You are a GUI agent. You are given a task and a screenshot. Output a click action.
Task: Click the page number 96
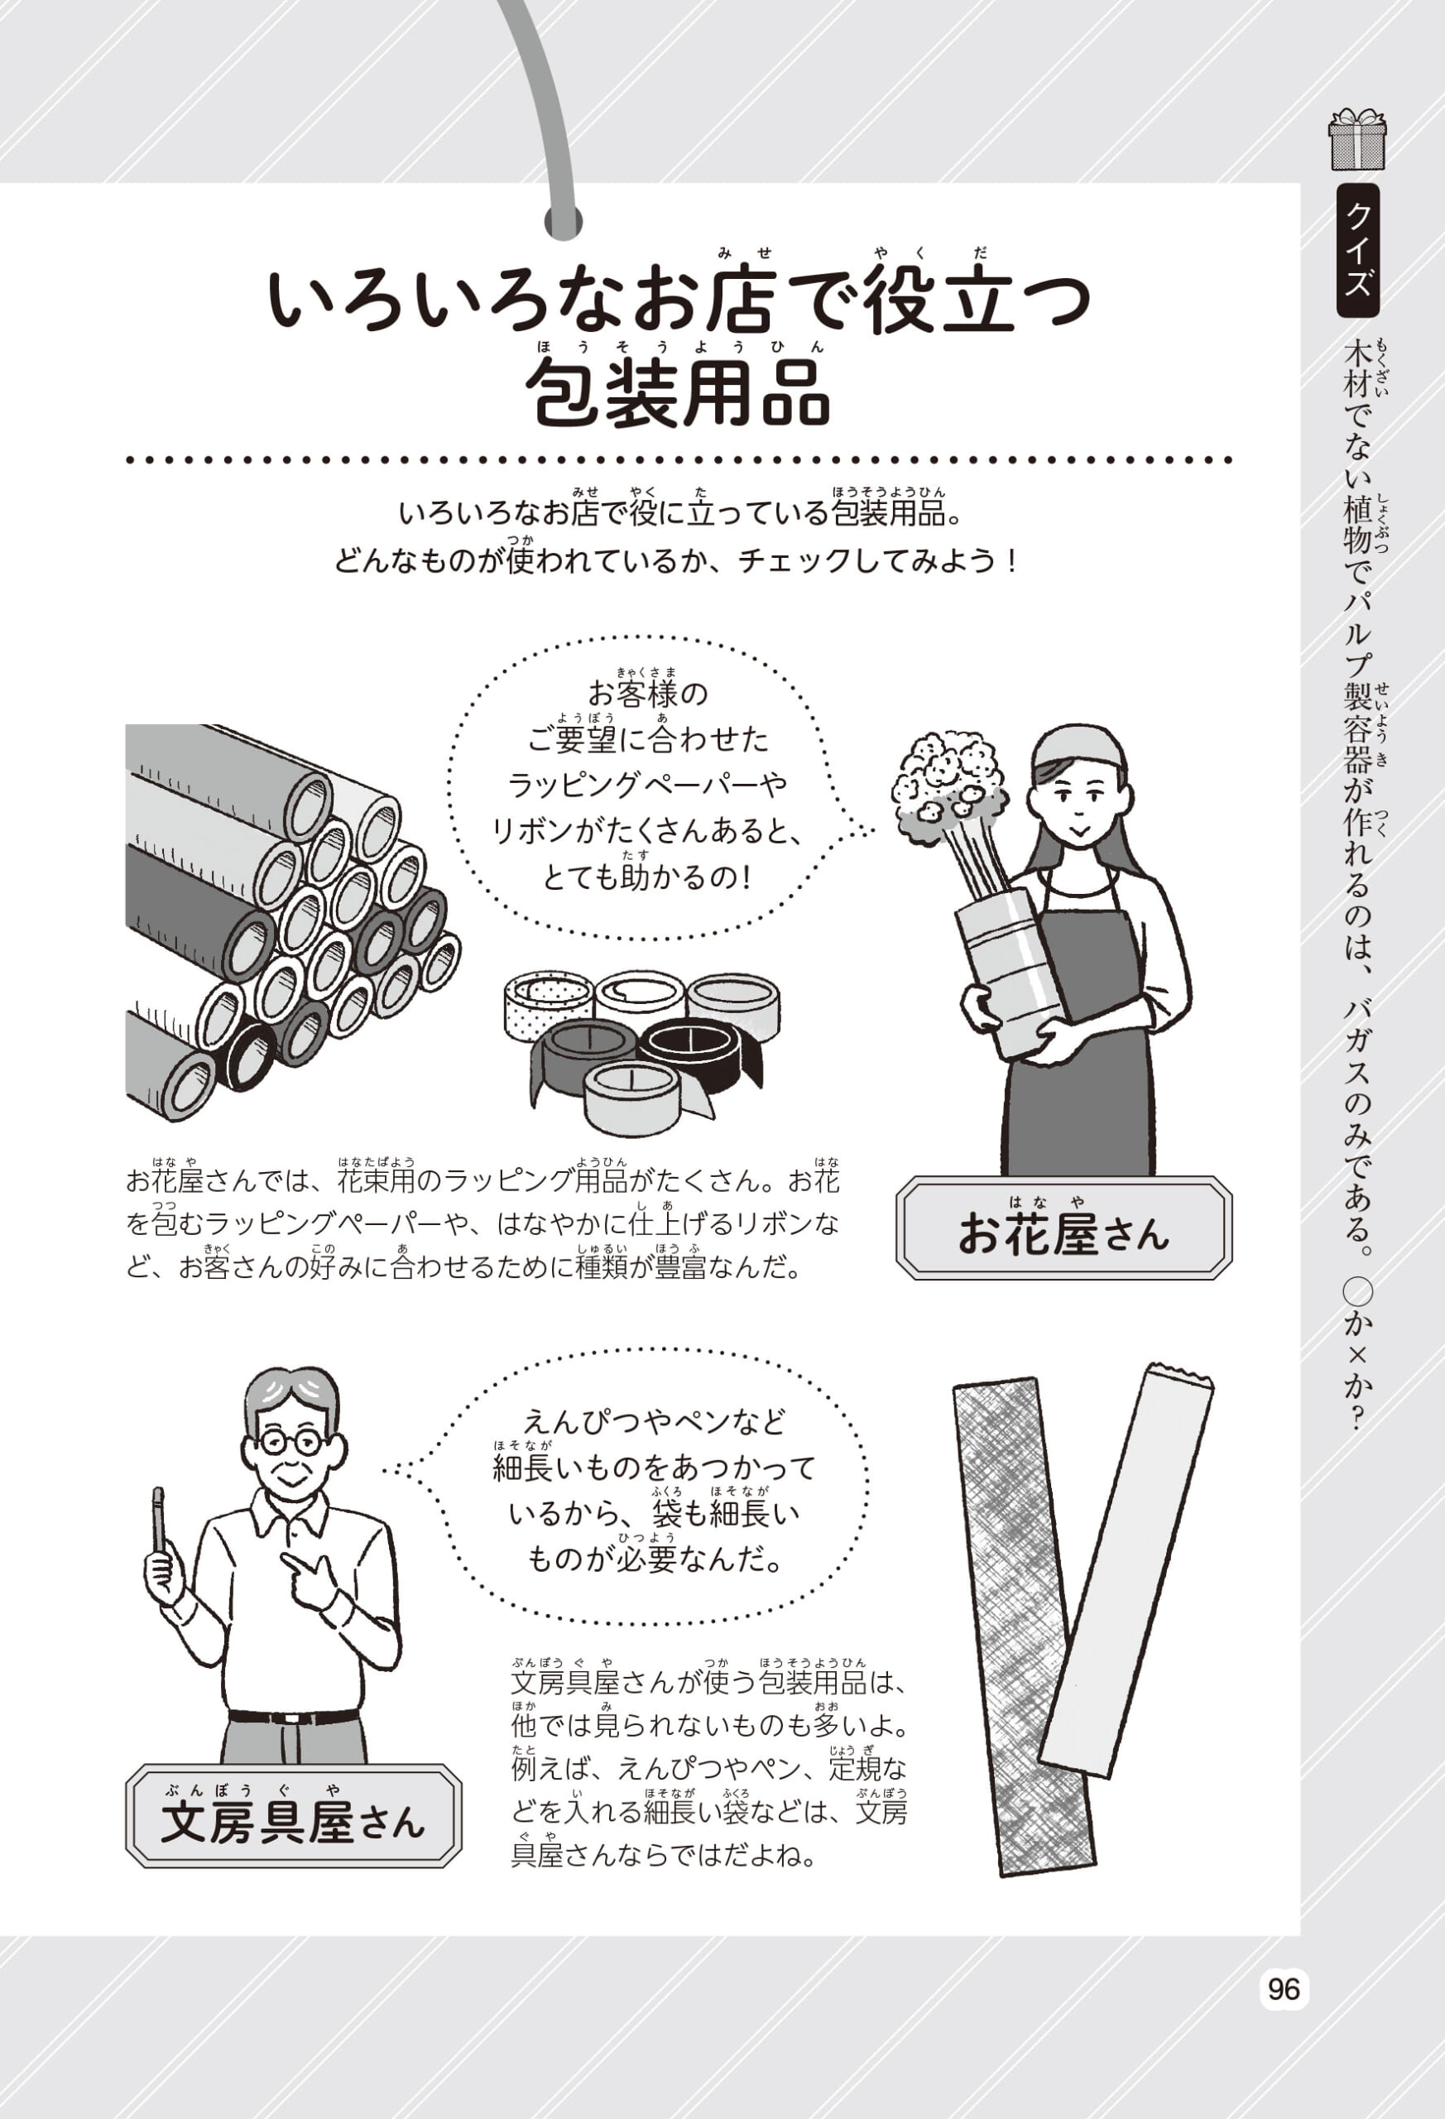tap(1284, 1988)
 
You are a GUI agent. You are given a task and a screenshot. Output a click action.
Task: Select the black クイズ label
tap(1357, 250)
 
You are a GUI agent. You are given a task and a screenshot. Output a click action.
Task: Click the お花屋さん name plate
tap(1063, 1228)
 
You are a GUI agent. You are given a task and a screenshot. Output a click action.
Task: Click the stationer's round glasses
tap(289, 1443)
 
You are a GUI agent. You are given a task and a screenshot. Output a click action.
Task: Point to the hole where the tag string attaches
tap(563, 222)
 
